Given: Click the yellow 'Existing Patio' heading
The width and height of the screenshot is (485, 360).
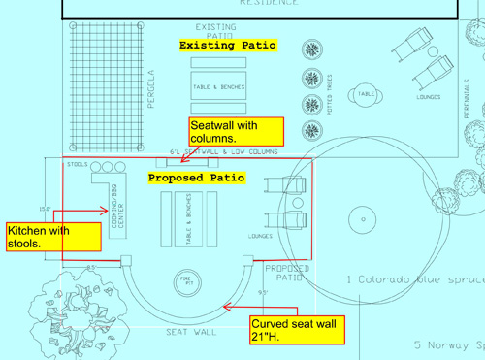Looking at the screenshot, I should (228, 46).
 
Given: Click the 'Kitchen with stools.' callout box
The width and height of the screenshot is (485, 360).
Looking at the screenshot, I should (52, 237).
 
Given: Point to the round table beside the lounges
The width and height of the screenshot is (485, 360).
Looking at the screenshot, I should (365, 94).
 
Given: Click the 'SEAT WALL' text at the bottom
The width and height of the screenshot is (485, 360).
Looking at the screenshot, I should (191, 332).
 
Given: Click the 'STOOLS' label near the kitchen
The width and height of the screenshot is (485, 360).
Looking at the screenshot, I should (76, 165).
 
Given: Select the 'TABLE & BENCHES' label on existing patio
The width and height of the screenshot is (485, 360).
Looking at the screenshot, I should (218, 87).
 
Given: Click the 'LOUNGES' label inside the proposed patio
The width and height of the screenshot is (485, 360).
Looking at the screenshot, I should (260, 236).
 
